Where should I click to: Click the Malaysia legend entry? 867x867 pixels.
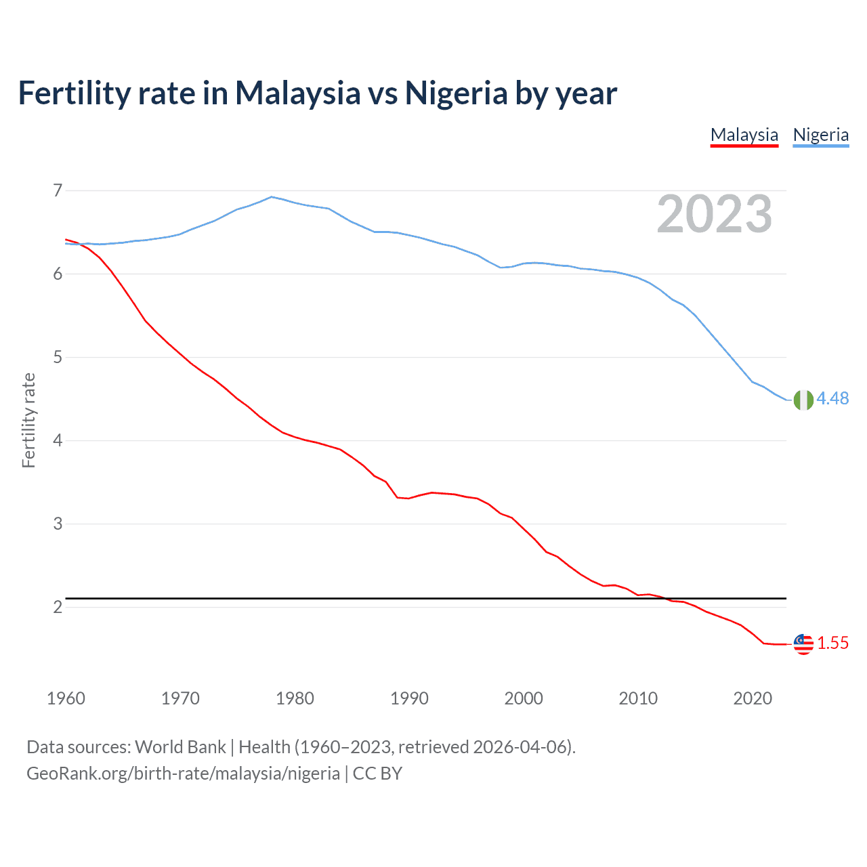point(744,135)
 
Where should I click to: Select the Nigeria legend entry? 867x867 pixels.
point(820,135)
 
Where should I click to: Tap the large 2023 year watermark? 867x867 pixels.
point(715,214)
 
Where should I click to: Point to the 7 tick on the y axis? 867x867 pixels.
point(58,190)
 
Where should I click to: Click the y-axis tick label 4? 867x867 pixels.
point(58,440)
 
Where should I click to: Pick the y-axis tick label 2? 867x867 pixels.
point(58,607)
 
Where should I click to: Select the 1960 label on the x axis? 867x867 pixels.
point(66,698)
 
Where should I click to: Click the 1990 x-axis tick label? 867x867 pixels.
point(409,698)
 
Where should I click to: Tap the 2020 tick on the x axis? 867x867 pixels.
point(753,698)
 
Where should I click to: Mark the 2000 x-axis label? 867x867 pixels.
point(524,698)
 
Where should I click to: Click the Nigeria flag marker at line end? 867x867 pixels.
point(803,400)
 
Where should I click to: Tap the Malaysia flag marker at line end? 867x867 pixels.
point(803,644)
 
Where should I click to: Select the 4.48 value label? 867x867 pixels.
point(832,398)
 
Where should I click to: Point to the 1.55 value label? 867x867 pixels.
point(832,643)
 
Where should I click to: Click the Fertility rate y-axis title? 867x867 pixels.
point(28,420)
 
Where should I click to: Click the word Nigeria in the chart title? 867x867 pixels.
point(456,93)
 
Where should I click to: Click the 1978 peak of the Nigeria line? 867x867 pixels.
point(272,197)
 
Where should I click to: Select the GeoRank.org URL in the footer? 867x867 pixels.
point(183,773)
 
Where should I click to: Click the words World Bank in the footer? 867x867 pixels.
point(180,747)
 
